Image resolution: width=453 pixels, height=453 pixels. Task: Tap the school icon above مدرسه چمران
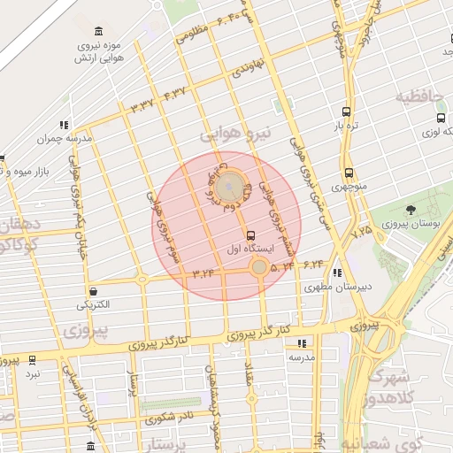pos(64,125)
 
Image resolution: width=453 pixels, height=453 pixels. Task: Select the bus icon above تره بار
pos(346,112)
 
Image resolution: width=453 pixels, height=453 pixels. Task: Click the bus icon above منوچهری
pos(349,173)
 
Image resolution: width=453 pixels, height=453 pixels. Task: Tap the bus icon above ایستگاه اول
pos(251,235)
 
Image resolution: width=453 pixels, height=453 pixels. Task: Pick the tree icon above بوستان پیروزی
pos(411,210)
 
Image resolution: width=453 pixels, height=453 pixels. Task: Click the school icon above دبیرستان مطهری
pos(337,273)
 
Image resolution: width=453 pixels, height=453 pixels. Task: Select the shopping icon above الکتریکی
pos(93,291)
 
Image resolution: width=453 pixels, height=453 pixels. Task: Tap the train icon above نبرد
pos(33,360)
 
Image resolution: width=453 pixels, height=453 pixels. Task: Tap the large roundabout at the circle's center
pos(230,186)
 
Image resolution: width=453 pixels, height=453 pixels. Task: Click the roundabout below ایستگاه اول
pos(258,266)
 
